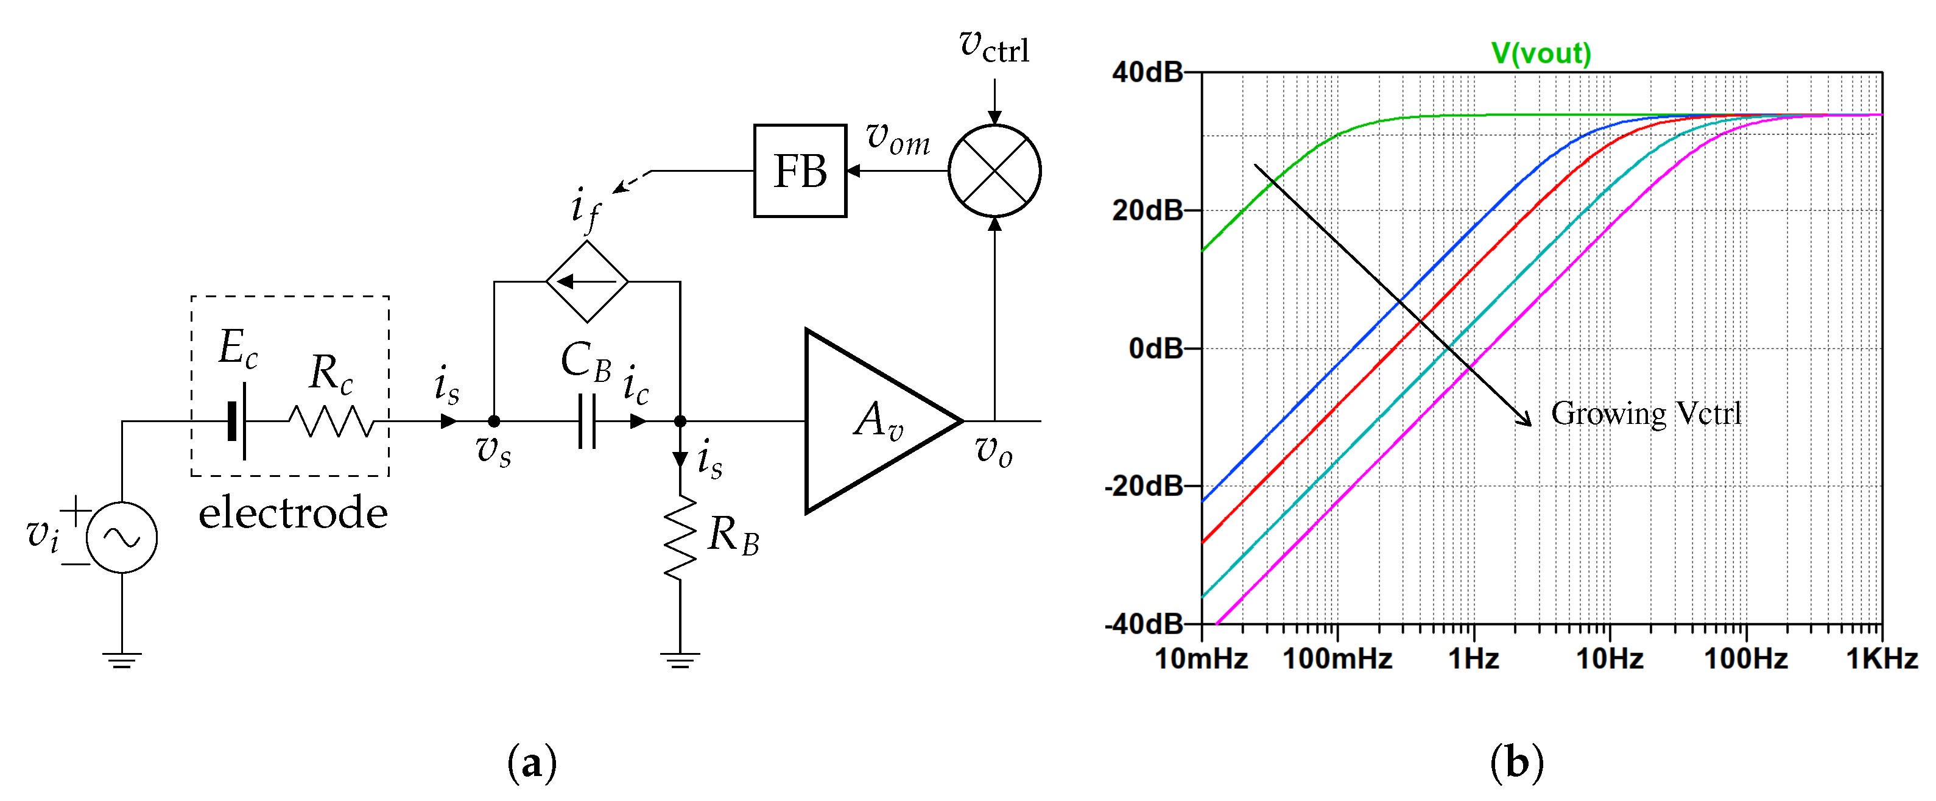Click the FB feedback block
pyautogui.click(x=800, y=171)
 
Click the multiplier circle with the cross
pyautogui.click(x=994, y=171)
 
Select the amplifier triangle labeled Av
pyautogui.click(x=872, y=421)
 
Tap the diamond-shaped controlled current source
pyautogui.click(x=587, y=282)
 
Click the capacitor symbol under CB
pyautogui.click(x=587, y=421)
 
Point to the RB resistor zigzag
pyautogui.click(x=680, y=537)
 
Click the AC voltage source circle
pyautogui.click(x=122, y=537)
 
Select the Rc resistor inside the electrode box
pyautogui.click(x=331, y=421)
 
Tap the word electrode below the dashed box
pyautogui.click(x=292, y=513)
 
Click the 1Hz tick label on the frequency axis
pyautogui.click(x=1473, y=659)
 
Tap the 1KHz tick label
pyautogui.click(x=1881, y=659)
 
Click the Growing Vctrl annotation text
pyautogui.click(x=1646, y=413)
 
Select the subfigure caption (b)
pyautogui.click(x=1516, y=763)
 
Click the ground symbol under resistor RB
pyautogui.click(x=680, y=660)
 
